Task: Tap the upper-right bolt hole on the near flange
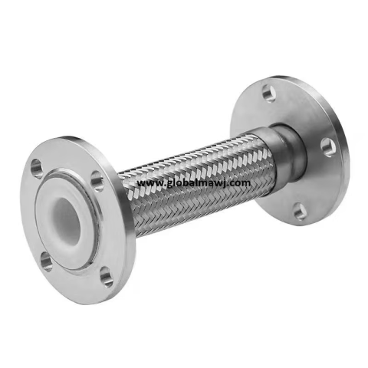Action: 97,182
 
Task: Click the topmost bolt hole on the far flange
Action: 268,93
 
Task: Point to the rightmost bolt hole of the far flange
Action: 328,147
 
